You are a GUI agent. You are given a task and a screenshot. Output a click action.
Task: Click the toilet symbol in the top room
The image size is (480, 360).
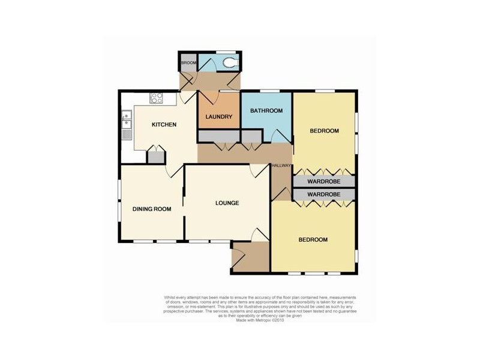coord(230,62)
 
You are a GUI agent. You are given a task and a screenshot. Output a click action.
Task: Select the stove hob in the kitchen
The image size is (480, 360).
coord(157,98)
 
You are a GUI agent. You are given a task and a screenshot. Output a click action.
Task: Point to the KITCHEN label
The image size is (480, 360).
coord(163,125)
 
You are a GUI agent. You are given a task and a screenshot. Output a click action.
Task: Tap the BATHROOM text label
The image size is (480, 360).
coord(266,111)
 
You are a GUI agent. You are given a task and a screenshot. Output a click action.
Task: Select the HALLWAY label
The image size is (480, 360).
coord(281,166)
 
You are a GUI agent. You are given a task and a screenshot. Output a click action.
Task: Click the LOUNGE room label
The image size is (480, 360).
coord(227,203)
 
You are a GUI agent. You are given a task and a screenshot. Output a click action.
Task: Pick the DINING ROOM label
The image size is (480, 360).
coord(152,209)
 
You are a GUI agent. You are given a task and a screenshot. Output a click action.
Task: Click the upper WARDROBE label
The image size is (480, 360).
coord(324,181)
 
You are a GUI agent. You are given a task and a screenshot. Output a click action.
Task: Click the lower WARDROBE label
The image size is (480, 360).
coord(324,194)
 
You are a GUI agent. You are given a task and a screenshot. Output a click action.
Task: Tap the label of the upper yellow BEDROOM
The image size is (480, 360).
coord(324,131)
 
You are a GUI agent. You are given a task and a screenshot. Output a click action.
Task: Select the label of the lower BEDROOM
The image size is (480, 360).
coord(313,239)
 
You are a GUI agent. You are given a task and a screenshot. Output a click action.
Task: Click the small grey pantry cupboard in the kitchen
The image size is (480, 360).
coord(156,157)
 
